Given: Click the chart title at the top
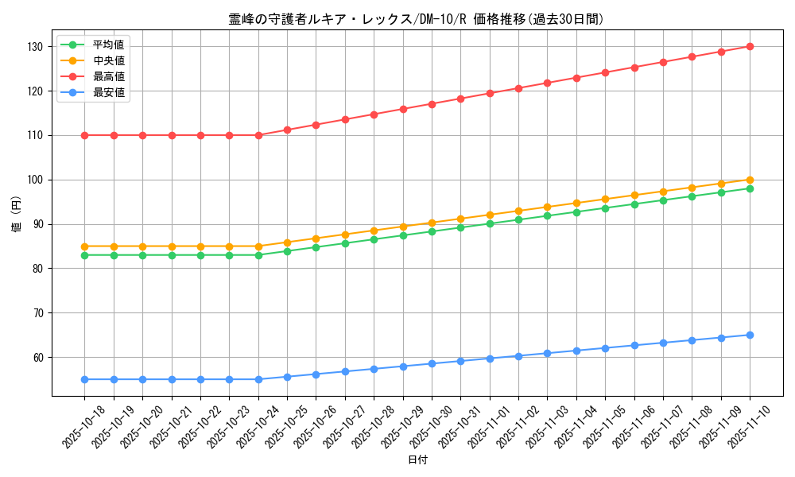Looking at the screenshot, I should (416, 19).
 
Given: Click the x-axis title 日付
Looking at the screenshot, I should (417, 460).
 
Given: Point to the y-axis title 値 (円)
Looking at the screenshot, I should (17, 214).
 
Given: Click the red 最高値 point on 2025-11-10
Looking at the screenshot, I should (750, 47).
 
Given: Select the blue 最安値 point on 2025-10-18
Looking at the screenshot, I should (85, 379).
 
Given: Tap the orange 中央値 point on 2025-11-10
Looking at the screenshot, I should (750, 180).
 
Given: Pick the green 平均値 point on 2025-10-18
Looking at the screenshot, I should (85, 255).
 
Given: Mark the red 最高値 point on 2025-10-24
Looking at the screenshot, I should (258, 135).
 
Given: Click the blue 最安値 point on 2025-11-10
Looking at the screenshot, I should (750, 335).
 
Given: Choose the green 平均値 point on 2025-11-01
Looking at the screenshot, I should (490, 223).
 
